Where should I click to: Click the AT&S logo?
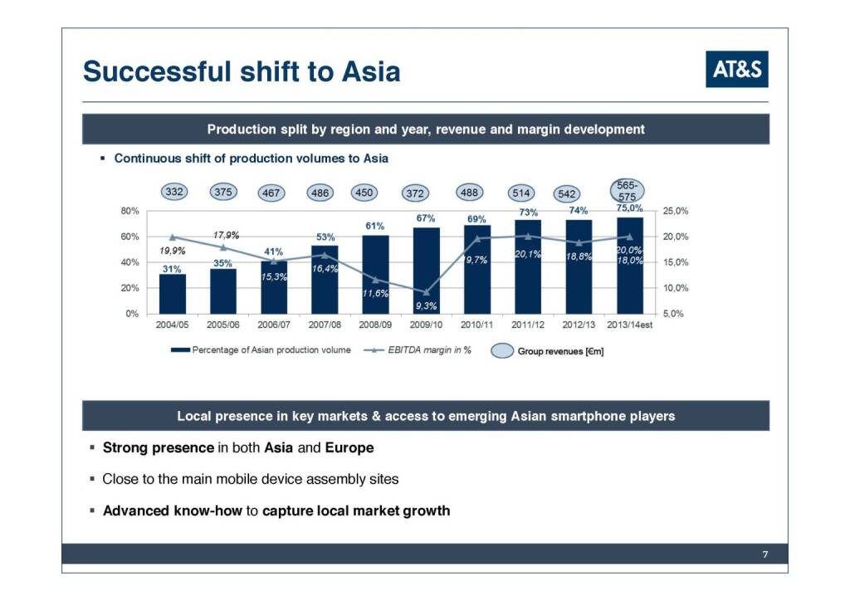pyautogui.click(x=737, y=69)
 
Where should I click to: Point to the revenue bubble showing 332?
pyautogui.click(x=173, y=192)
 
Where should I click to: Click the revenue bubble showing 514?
pyautogui.click(x=521, y=193)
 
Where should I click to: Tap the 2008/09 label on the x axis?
pyautogui.click(x=375, y=325)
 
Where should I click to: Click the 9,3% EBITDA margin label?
pyautogui.click(x=426, y=306)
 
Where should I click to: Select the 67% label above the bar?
pyautogui.click(x=426, y=217)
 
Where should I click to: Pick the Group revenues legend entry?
pyautogui.click(x=548, y=351)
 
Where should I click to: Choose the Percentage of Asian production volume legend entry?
pyautogui.click(x=261, y=350)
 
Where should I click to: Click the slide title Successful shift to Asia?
pyautogui.click(x=242, y=71)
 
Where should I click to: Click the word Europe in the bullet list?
pyautogui.click(x=349, y=447)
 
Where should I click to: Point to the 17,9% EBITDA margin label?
pyautogui.click(x=227, y=235)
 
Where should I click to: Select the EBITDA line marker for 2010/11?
pyautogui.click(x=477, y=239)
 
